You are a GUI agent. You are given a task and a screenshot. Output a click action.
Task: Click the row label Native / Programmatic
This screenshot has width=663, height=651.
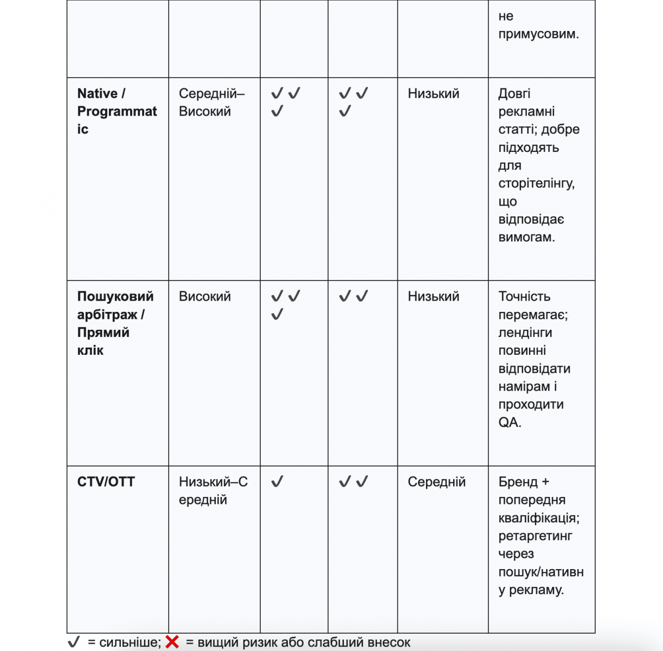click(x=117, y=111)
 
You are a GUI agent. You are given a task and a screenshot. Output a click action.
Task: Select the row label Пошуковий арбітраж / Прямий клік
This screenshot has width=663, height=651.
click(x=115, y=323)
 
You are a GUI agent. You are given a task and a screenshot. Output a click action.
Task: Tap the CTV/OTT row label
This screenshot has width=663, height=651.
click(x=106, y=482)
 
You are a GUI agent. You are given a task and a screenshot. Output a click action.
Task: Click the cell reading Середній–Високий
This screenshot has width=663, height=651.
click(x=211, y=103)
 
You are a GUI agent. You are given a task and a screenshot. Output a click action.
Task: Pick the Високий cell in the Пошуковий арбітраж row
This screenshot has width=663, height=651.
click(x=204, y=297)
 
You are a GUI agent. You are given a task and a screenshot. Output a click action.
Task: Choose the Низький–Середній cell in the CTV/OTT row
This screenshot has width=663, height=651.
click(x=213, y=490)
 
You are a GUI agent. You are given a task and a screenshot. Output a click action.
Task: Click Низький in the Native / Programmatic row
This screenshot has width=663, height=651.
click(x=433, y=94)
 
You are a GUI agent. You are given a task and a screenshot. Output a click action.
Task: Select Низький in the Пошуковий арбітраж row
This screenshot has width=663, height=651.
click(x=433, y=297)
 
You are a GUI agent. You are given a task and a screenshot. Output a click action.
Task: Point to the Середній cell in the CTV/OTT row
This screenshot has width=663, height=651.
click(x=436, y=482)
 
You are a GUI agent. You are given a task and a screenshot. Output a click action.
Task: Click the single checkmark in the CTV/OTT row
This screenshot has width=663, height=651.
click(x=277, y=481)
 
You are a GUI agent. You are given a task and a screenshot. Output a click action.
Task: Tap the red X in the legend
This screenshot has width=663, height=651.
click(x=172, y=642)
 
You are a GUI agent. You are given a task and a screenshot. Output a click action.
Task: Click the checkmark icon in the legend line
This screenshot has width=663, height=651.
click(x=74, y=642)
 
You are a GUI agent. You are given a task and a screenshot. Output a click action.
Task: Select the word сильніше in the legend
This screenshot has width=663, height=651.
click(x=129, y=643)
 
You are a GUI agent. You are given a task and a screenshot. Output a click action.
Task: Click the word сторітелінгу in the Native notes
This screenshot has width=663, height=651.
click(x=536, y=184)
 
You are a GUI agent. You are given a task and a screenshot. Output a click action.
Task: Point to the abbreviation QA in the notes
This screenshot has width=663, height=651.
click(x=509, y=423)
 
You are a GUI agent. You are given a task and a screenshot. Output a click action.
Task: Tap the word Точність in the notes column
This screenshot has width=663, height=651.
click(x=524, y=297)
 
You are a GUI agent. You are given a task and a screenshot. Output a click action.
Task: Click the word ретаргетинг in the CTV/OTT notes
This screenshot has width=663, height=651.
click(x=535, y=536)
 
